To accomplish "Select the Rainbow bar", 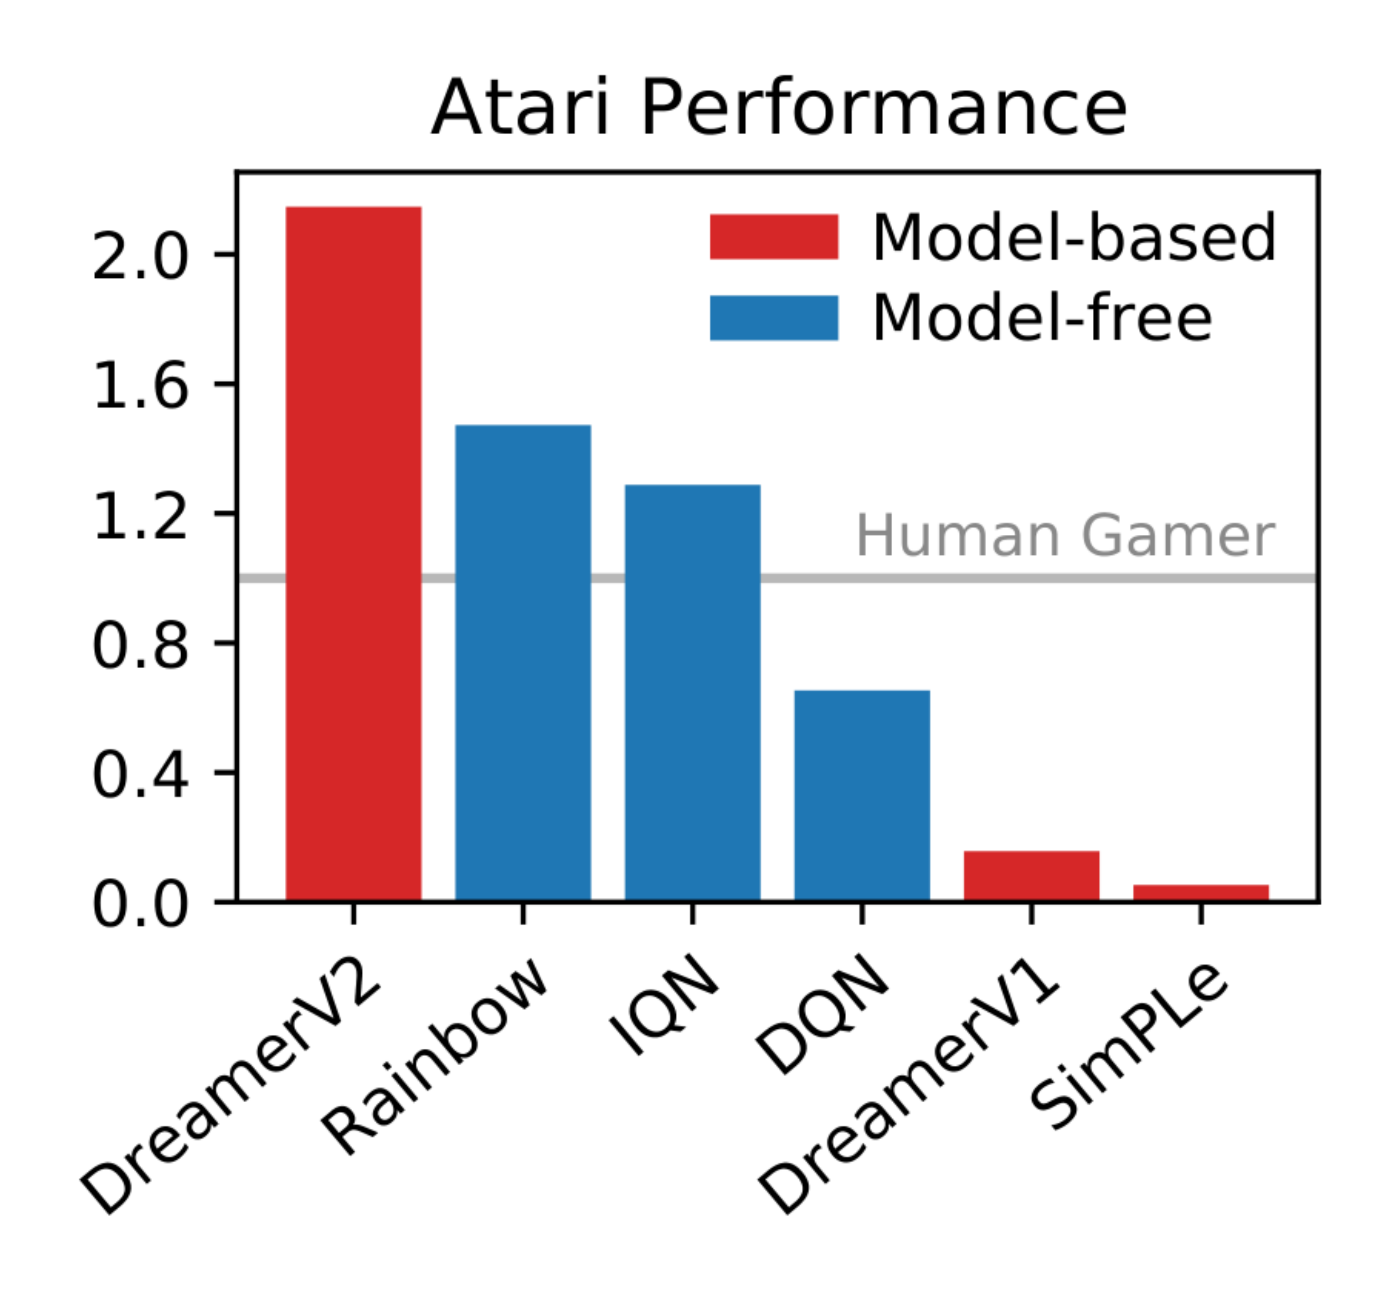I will tap(523, 663).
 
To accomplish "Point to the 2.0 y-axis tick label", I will tap(140, 257).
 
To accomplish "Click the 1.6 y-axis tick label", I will tap(140, 386).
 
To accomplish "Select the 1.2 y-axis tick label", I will tap(140, 516).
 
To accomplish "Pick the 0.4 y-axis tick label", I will tap(140, 774).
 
